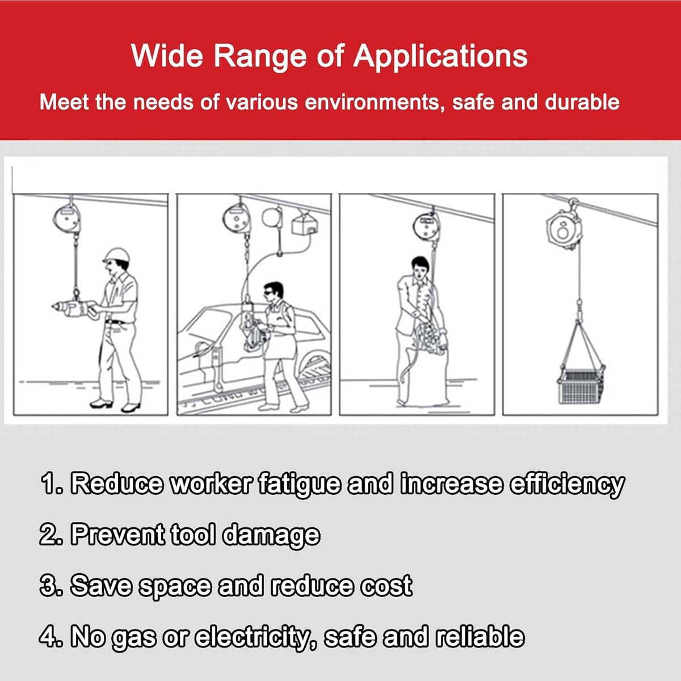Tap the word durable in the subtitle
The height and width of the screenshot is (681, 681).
582,103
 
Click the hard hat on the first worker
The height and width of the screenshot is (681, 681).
116,255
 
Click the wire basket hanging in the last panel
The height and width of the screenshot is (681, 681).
581,386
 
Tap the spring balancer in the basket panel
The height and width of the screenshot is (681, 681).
564,230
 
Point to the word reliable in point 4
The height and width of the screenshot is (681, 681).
480,636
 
